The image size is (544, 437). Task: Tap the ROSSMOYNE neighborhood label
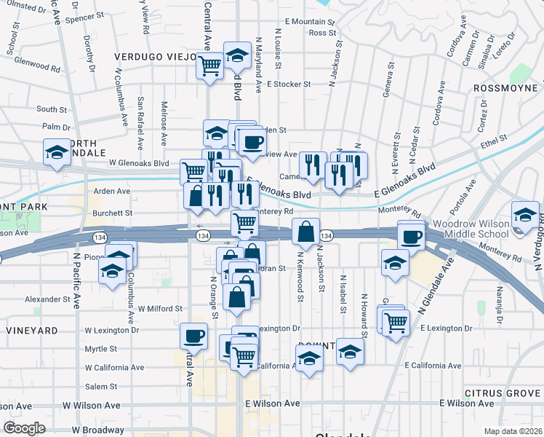[504, 87]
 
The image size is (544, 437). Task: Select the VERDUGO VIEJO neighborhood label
[155, 56]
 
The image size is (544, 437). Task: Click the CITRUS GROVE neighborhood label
[506, 393]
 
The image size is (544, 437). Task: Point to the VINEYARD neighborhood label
[31, 331]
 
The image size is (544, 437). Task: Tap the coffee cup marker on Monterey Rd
[412, 236]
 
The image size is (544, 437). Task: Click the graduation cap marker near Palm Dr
[56, 153]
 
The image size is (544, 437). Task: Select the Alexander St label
[46, 299]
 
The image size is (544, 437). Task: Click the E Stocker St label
[289, 84]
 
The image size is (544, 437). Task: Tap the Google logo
[24, 428]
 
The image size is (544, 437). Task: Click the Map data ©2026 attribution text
[513, 431]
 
